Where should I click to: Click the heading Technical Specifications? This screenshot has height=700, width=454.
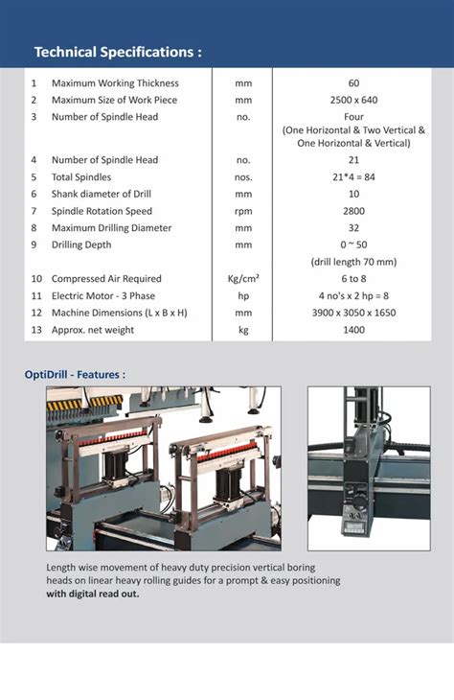tap(118, 52)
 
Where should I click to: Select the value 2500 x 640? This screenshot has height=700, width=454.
tap(353, 100)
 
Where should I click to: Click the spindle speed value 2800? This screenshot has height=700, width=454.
tap(353, 211)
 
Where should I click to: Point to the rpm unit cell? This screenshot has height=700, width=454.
tap(243, 211)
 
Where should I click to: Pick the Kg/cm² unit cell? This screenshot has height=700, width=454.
tap(243, 279)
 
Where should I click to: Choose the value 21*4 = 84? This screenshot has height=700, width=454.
tap(353, 177)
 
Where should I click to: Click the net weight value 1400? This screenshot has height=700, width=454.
tap(353, 330)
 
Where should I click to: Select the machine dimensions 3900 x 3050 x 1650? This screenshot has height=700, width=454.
tap(353, 313)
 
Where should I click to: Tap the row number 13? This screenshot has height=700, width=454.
tap(35, 330)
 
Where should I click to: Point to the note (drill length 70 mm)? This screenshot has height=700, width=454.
tap(353, 262)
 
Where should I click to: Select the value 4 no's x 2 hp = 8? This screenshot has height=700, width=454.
tap(353, 296)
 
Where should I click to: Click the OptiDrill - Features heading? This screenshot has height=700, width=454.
tap(75, 374)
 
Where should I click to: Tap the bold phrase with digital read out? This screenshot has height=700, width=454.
tap(92, 594)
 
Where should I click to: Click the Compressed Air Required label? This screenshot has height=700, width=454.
tap(106, 279)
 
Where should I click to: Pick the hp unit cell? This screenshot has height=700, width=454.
tap(243, 296)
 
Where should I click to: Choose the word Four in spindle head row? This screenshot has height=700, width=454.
tap(353, 117)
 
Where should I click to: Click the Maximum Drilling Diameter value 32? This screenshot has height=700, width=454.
tap(353, 228)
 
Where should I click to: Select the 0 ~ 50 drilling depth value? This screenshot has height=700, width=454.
tap(353, 245)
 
